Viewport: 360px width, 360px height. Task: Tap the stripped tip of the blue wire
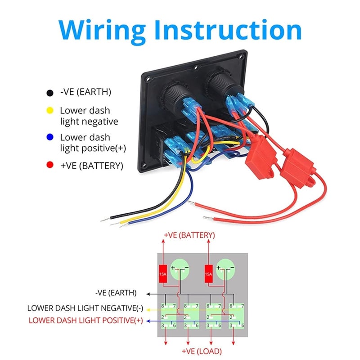(x=122, y=225)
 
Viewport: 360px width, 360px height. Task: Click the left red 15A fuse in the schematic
(x=163, y=274)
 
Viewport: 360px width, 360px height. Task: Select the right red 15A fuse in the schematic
(x=208, y=274)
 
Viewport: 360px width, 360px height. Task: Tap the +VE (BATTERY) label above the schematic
(x=189, y=235)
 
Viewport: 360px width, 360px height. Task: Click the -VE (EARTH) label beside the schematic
(x=116, y=293)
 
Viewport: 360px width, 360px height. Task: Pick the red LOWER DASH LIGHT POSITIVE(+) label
(x=85, y=320)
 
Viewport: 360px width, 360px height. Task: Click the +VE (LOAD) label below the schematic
(x=202, y=351)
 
